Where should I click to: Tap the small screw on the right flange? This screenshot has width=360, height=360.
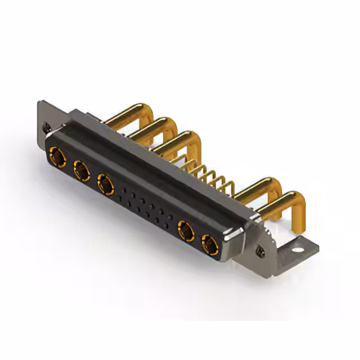260,250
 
